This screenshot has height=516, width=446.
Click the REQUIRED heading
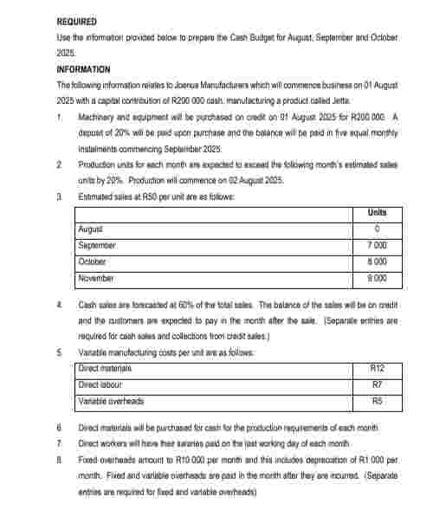tap(76, 21)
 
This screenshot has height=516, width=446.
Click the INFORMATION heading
tap(84, 68)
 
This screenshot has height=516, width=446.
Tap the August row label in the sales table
tap(91, 229)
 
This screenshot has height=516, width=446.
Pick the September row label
tap(97, 245)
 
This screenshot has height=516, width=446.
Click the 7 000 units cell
tap(377, 245)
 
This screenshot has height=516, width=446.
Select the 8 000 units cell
tap(377, 261)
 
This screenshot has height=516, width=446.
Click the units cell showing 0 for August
tap(377, 229)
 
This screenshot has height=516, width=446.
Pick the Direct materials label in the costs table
tap(105, 369)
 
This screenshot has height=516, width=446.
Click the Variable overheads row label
tap(111, 401)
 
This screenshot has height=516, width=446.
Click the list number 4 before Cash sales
tap(58, 305)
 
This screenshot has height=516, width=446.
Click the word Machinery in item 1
tap(96, 115)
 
